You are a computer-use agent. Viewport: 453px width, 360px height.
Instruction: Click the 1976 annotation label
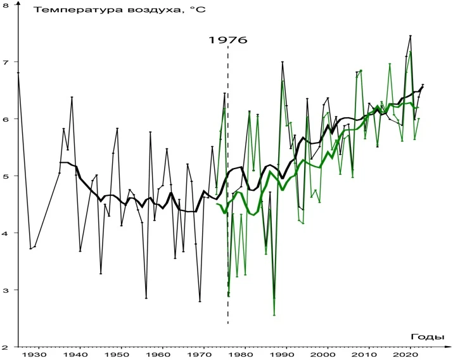(x=227, y=41)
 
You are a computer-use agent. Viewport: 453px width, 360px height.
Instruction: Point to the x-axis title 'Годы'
(x=431, y=337)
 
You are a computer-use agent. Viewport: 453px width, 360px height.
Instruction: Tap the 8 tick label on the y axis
(x=6, y=5)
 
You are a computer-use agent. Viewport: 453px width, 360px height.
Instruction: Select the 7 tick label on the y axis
(x=6, y=62)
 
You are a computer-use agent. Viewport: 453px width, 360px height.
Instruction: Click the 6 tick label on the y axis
(x=6, y=119)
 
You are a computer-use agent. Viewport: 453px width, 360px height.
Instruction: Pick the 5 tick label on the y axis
(x=6, y=176)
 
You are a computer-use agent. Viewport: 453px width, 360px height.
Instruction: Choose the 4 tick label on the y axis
(x=6, y=233)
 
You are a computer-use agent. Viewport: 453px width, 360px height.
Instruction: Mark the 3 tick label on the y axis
(x=6, y=290)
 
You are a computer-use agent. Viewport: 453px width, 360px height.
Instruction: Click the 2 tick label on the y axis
(x=6, y=347)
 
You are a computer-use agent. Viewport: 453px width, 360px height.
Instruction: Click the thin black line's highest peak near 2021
(x=411, y=36)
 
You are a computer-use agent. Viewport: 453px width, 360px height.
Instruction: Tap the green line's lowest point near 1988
(x=274, y=315)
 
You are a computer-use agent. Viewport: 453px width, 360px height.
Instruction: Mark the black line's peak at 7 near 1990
(x=283, y=62)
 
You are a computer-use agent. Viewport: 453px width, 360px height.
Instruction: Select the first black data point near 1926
(x=18, y=73)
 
